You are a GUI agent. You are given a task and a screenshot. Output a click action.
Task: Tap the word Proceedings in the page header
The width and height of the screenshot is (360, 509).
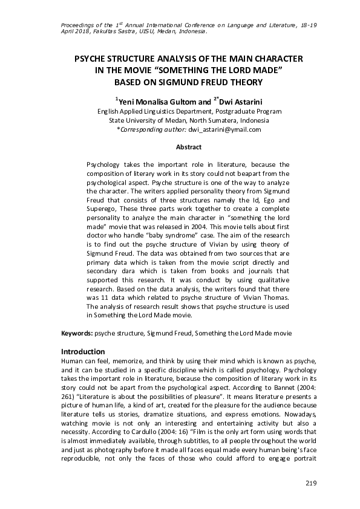(x=79, y=24)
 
